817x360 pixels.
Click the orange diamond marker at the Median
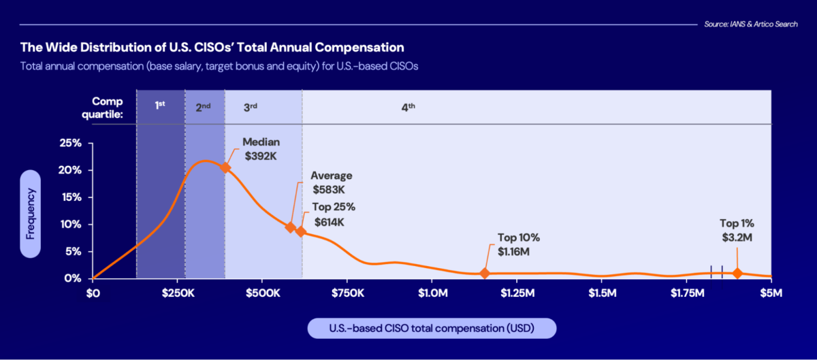tap(225, 167)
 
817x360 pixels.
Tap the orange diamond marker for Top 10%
tap(485, 273)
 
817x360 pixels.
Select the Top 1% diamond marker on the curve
tap(737, 273)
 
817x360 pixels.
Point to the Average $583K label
tap(332, 182)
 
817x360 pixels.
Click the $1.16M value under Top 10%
tap(513, 252)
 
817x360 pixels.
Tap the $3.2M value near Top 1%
tap(737, 237)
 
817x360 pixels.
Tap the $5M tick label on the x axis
tap(771, 293)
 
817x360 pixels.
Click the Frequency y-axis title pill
tap(31, 213)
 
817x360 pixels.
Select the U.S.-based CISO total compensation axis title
tap(432, 329)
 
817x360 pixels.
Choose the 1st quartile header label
tap(160, 105)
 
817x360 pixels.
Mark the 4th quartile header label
tap(408, 108)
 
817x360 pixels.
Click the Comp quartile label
tap(108, 108)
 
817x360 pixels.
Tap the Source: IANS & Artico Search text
tap(751, 24)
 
